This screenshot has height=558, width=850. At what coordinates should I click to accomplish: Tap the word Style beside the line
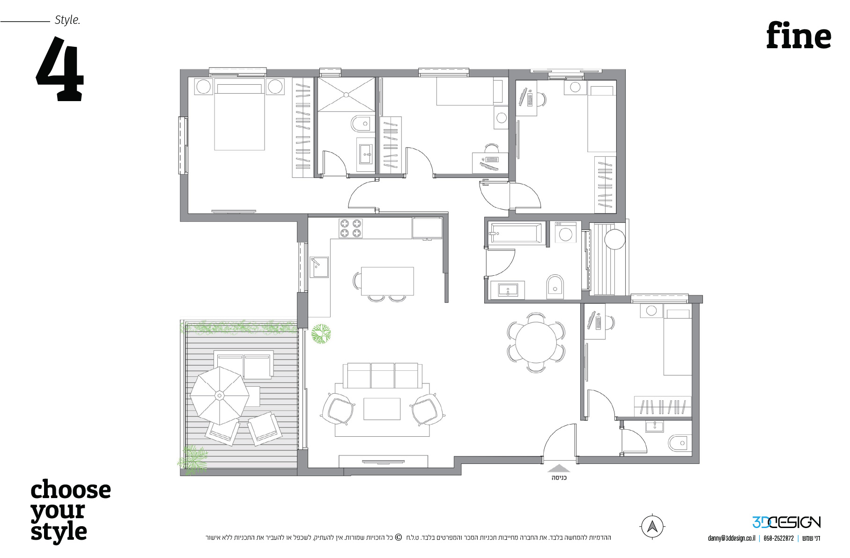(67, 20)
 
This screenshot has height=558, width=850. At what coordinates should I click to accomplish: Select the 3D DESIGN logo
(786, 522)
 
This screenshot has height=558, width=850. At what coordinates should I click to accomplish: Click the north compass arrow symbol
(652, 527)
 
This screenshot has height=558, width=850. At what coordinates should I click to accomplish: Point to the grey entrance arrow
(559, 468)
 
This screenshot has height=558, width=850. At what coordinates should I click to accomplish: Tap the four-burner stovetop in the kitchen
(351, 228)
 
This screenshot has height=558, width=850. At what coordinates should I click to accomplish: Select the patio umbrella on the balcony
(219, 396)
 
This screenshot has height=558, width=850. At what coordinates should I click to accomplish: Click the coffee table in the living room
(382, 409)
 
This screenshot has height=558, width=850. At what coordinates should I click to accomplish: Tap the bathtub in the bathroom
(516, 233)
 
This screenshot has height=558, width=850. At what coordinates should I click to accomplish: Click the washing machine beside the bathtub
(566, 233)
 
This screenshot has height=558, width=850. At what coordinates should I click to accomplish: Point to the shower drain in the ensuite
(346, 95)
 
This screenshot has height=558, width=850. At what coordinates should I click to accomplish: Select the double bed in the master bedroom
(239, 117)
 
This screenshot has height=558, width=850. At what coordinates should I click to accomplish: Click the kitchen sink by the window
(319, 267)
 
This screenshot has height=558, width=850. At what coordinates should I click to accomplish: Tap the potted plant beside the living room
(321, 334)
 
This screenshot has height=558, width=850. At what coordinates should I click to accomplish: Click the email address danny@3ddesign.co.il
(732, 538)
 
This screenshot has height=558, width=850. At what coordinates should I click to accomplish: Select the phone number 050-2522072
(778, 538)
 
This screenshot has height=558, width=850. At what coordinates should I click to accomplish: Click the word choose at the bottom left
(71, 490)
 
